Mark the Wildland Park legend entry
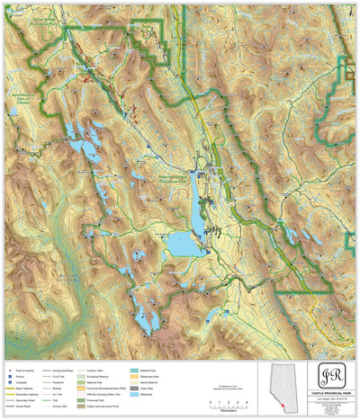144,369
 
